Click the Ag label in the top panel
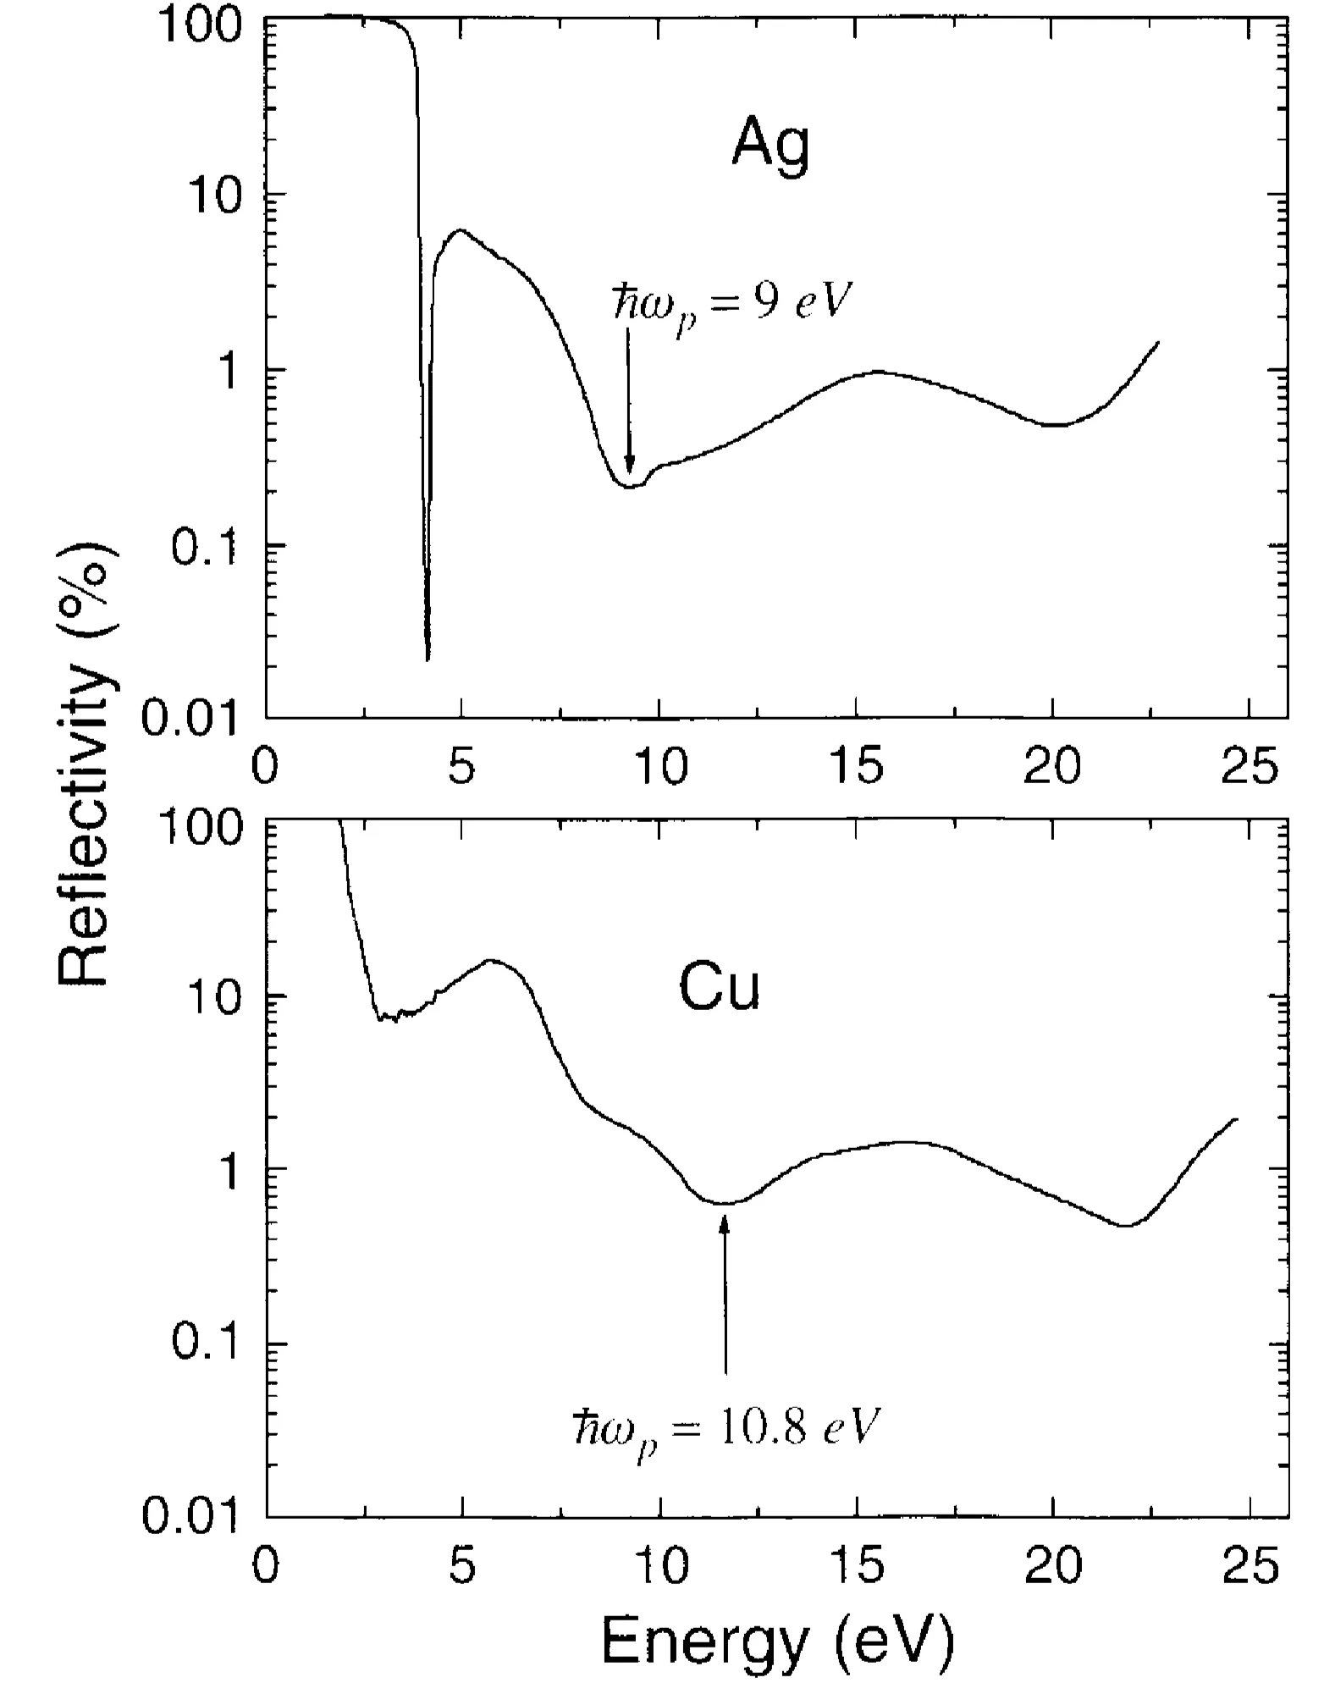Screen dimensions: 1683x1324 pos(770,146)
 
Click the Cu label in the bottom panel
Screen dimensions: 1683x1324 pos(719,989)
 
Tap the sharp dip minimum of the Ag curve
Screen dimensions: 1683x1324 pos(428,659)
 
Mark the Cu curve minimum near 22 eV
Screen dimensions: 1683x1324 pos(1125,1225)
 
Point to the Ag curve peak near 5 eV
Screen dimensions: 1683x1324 pos(461,230)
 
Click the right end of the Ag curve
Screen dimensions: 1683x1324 pos(1157,342)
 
